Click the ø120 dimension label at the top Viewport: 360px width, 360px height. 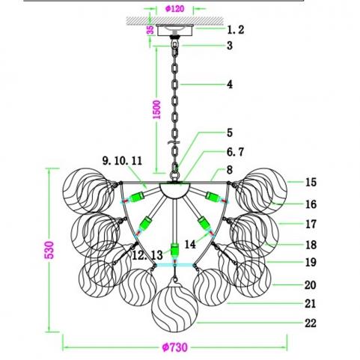click(174, 9)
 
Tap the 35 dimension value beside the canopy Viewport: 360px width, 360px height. click(150, 30)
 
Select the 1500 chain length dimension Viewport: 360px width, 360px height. click(157, 109)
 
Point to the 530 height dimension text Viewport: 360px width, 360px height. click(49, 250)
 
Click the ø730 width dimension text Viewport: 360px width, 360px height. click(174, 347)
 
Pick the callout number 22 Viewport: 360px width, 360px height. click(311, 323)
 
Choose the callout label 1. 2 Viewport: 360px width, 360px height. click(235, 30)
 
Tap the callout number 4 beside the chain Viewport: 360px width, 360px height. click(230, 85)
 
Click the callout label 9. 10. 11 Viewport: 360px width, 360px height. click(122, 160)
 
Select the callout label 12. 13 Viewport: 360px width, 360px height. click(147, 255)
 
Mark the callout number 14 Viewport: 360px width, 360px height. click(190, 244)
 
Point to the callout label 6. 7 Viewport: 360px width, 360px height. click(235, 152)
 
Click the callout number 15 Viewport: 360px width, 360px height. click(311, 182)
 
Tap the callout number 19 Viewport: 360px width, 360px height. click(311, 262)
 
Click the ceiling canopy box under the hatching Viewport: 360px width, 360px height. click(174, 30)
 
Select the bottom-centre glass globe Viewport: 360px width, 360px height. click(174, 308)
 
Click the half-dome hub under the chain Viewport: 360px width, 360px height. click(175, 190)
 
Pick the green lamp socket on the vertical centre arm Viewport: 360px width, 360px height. click(174, 250)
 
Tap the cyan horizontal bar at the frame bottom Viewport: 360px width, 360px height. click(174, 265)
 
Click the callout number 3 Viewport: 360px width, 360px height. click(230, 46)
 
